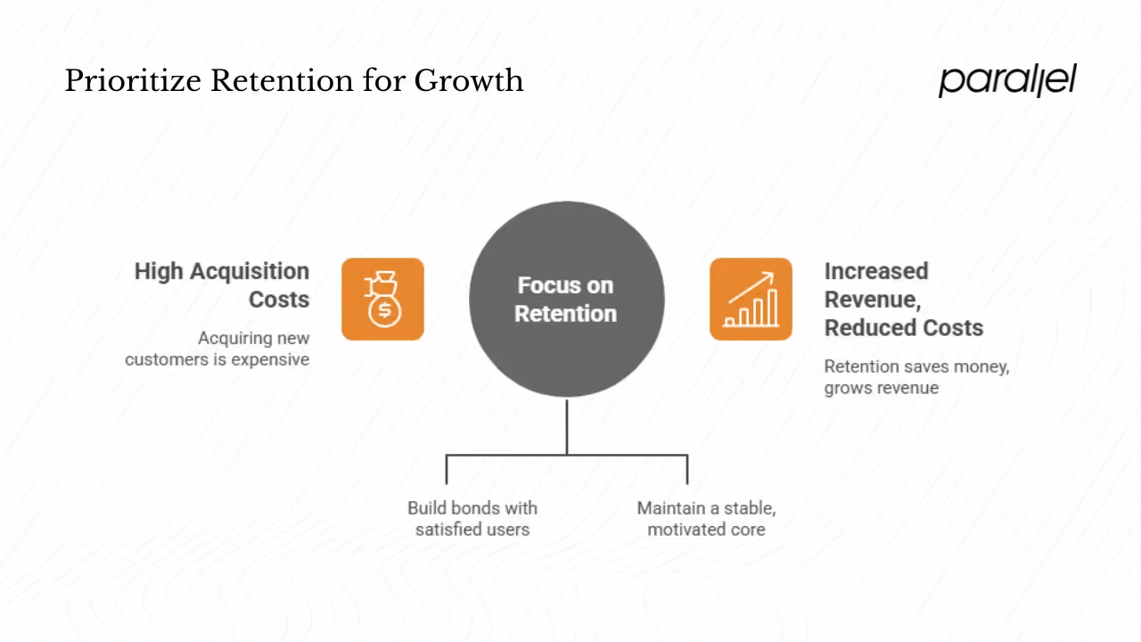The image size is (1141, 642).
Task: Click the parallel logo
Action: click(1007, 80)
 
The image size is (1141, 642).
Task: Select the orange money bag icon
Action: click(382, 299)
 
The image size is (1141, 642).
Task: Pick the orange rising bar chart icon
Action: click(751, 299)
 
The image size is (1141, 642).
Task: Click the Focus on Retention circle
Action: click(566, 299)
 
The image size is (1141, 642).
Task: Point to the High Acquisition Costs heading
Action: click(223, 284)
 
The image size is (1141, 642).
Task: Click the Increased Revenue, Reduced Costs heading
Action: click(902, 299)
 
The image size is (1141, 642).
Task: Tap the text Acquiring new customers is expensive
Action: click(218, 349)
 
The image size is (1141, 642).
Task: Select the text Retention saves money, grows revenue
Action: click(915, 376)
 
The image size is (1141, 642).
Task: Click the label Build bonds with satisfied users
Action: click(472, 518)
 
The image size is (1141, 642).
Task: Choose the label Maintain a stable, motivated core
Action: click(706, 518)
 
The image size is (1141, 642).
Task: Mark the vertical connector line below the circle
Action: click(567, 426)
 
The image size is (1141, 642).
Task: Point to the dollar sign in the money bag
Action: click(384, 310)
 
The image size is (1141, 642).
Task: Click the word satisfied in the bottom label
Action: click(447, 530)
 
